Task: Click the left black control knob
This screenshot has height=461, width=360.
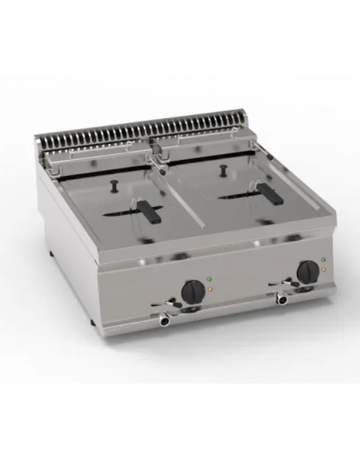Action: (193, 290)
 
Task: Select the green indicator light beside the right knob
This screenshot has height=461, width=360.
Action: (321, 260)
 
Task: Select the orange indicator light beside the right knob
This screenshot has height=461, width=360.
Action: (321, 269)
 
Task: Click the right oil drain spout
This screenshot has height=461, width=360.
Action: (282, 300)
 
